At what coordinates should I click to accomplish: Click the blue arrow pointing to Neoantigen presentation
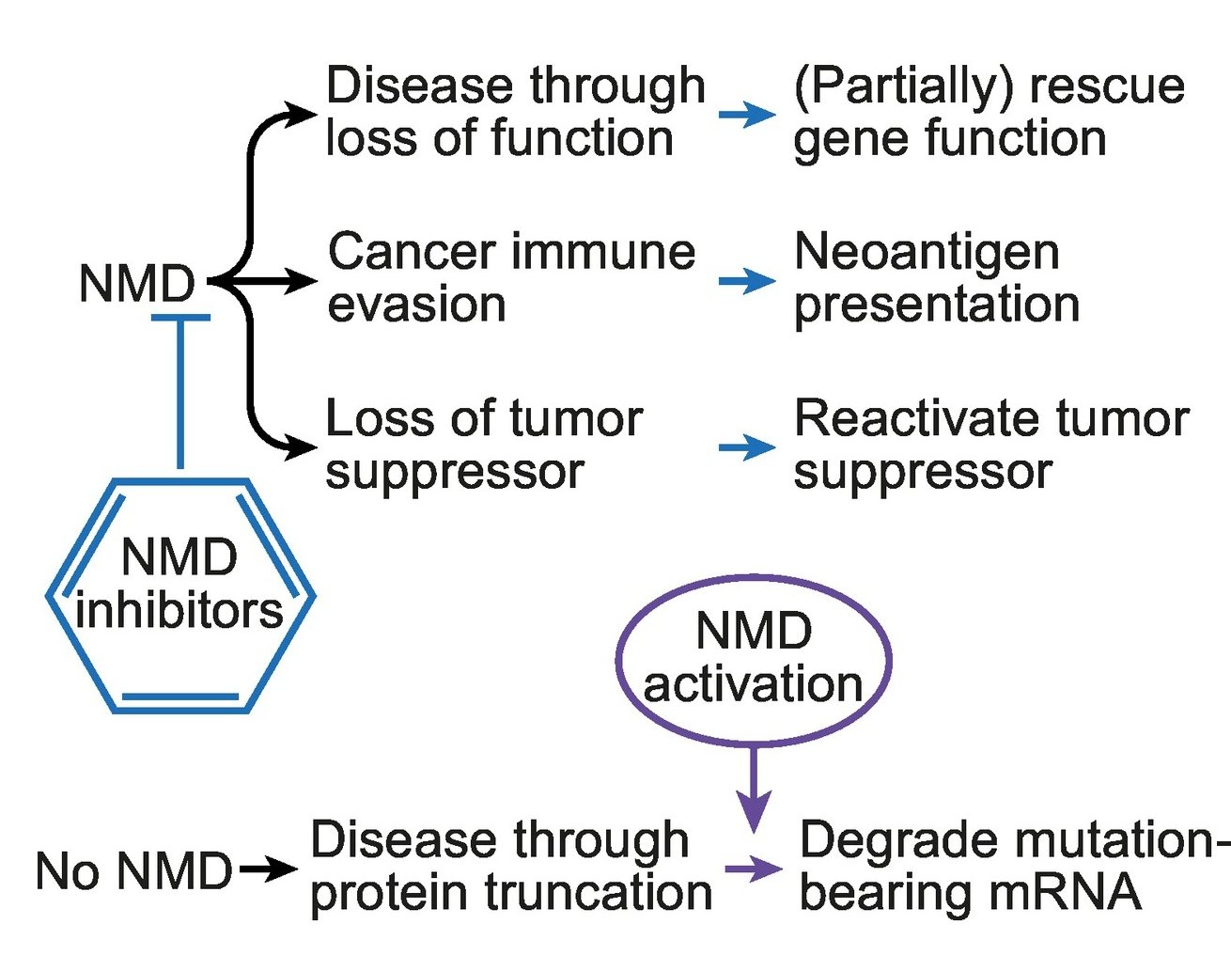pos(747,281)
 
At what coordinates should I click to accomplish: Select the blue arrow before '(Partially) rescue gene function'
pos(747,115)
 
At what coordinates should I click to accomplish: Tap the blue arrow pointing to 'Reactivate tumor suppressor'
pos(747,447)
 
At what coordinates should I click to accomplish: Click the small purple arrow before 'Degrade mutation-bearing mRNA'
pos(754,869)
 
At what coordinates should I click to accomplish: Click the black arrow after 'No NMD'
pos(269,869)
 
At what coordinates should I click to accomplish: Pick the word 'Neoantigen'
pos(927,253)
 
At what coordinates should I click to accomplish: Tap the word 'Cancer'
pos(413,253)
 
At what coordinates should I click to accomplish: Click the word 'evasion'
pos(416,305)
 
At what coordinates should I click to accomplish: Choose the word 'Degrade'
pos(898,841)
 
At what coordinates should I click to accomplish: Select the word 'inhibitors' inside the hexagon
pos(179,611)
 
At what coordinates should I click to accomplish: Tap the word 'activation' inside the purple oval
pos(753,684)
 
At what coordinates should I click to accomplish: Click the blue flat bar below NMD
pos(180,318)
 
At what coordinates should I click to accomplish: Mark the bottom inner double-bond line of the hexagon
pos(180,697)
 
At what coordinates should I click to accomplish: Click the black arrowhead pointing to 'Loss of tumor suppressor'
pos(301,447)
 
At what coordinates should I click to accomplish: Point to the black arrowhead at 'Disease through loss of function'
pos(301,115)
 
